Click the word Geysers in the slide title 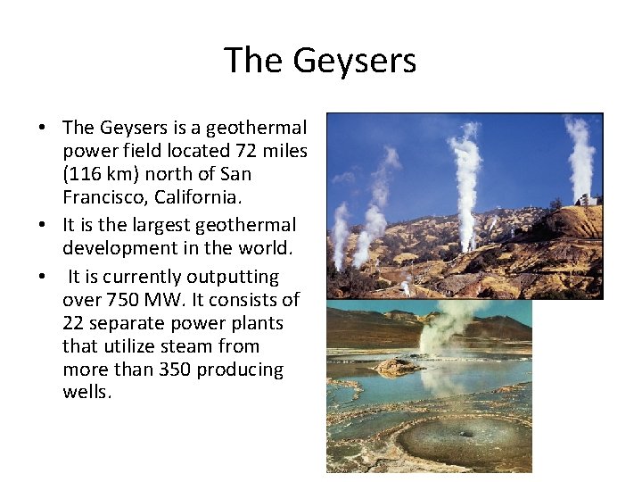coord(364,62)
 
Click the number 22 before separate coord(75,323)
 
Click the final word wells coord(86,393)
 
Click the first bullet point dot coord(42,129)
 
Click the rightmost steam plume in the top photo coord(580,156)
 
